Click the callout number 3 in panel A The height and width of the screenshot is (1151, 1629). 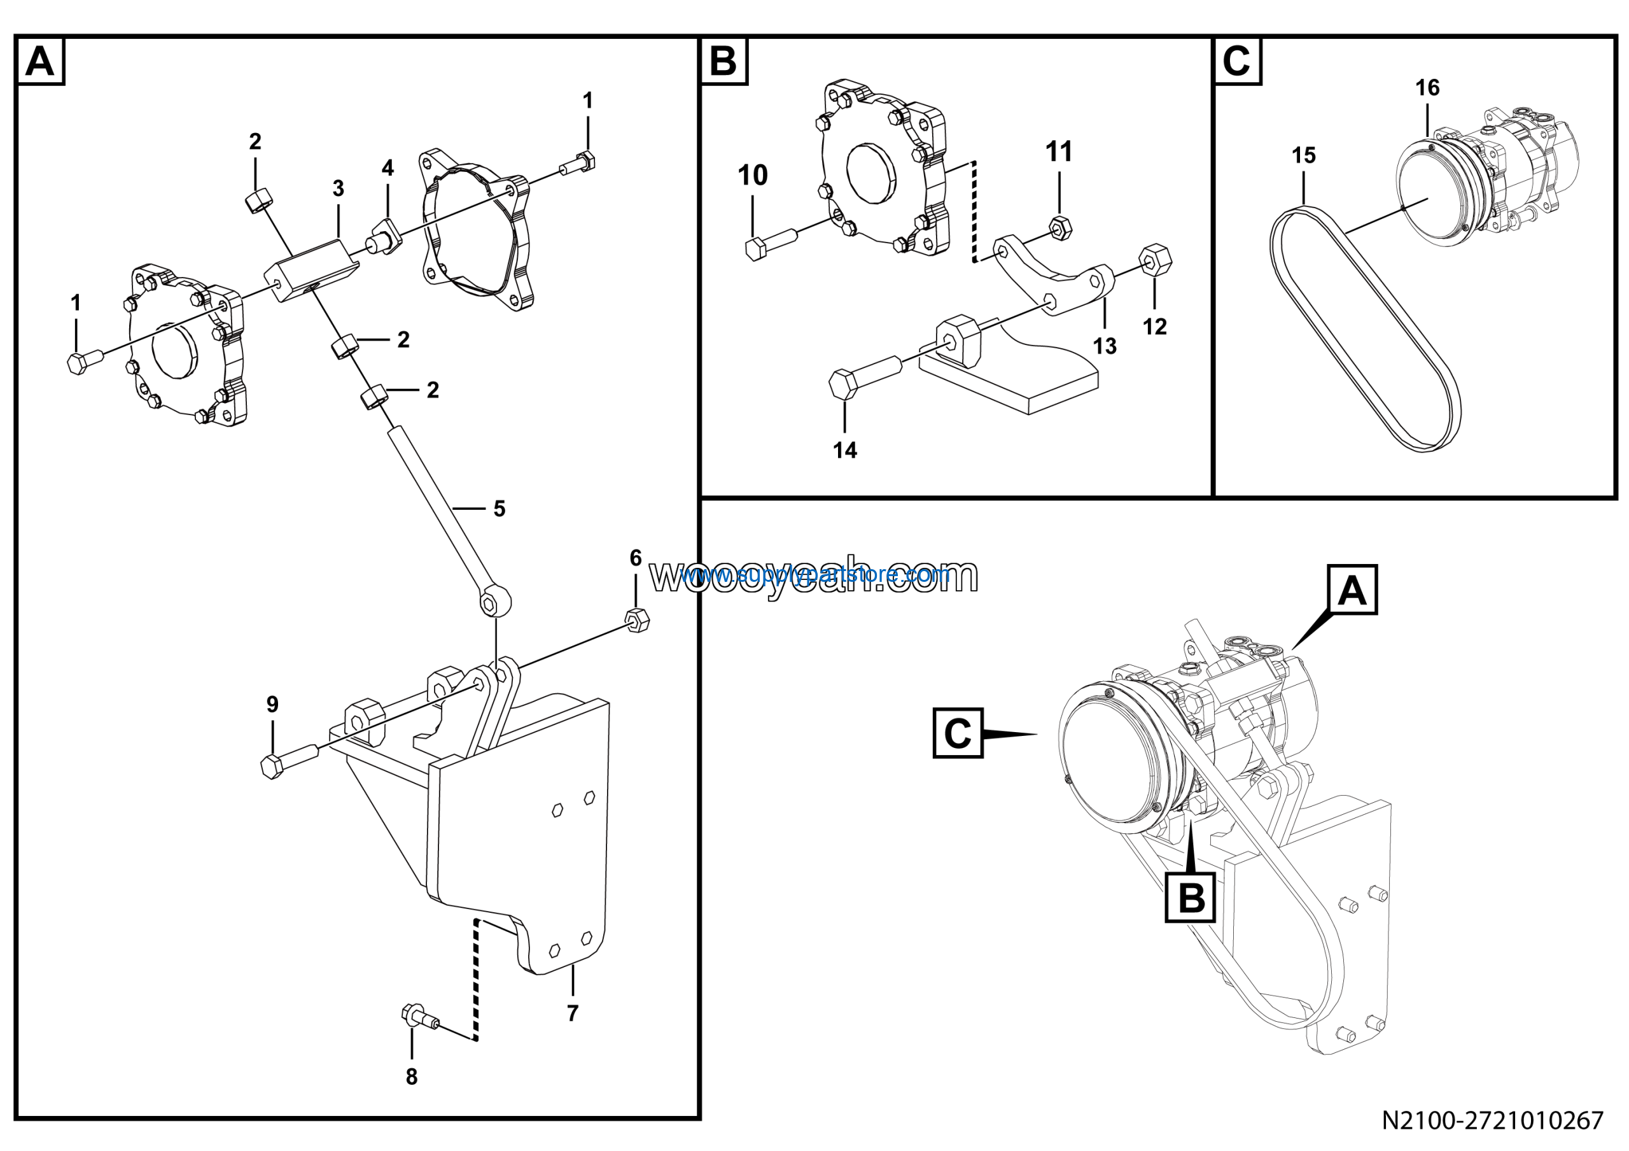click(339, 189)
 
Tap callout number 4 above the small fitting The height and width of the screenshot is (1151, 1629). click(388, 168)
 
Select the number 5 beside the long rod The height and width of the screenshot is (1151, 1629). click(500, 509)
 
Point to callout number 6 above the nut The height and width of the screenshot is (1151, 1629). click(636, 558)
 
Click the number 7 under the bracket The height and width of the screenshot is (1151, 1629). click(573, 1013)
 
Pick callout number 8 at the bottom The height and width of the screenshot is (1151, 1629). click(412, 1077)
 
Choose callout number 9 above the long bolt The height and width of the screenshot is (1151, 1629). click(272, 704)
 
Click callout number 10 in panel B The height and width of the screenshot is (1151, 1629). click(753, 175)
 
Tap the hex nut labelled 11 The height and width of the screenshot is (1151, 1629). click(1060, 228)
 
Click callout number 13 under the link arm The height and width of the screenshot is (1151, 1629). click(1105, 346)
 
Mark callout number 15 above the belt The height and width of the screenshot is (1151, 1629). click(1303, 155)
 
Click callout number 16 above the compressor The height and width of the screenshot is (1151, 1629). click(1427, 88)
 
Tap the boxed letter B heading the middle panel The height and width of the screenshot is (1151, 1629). click(724, 62)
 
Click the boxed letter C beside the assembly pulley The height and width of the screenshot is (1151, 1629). click(958, 733)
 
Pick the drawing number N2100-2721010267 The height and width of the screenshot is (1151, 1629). click(1492, 1120)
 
